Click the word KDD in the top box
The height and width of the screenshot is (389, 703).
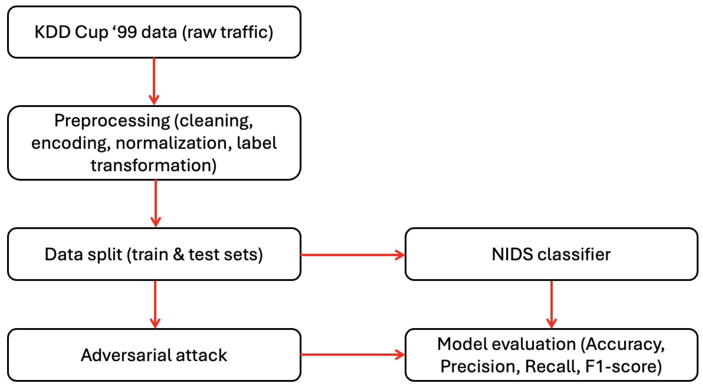pos(53,32)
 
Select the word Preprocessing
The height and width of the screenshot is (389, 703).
pos(112,121)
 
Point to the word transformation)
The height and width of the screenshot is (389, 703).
pos(154,165)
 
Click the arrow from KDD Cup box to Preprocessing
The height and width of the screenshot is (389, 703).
pos(154,81)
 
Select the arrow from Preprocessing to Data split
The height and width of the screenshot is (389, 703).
pos(155,203)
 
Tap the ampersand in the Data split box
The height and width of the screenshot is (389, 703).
pos(178,254)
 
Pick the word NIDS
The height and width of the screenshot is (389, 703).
pos(512,254)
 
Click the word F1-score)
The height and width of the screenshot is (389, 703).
pos(623,366)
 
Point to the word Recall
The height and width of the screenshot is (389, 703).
pos(552,366)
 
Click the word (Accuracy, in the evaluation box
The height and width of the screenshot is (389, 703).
pos(623,344)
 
